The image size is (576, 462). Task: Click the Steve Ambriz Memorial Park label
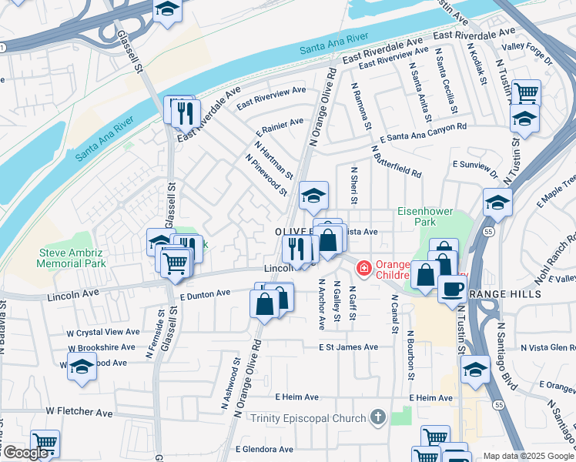(x=73, y=259)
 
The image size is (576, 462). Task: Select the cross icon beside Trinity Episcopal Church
(x=377, y=417)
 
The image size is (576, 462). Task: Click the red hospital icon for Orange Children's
(x=362, y=268)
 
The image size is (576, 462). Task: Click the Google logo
(x=25, y=453)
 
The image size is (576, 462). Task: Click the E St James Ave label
(x=349, y=347)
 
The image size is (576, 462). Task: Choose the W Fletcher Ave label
(x=85, y=412)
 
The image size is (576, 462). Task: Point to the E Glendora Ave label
(x=266, y=448)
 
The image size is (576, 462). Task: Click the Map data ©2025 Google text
(x=528, y=456)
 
